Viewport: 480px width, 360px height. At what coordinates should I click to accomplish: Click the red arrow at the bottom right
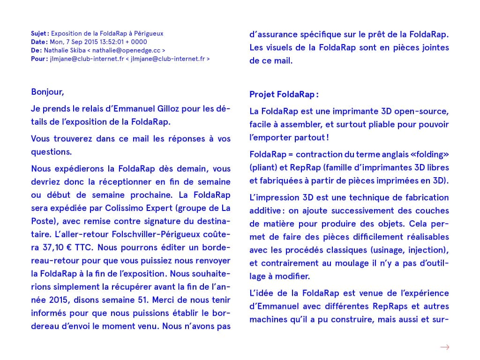(445, 347)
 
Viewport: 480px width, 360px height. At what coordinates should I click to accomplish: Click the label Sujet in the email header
(39, 34)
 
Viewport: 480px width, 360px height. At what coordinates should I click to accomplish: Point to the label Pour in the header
(38, 59)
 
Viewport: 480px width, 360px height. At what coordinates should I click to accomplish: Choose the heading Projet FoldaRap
(283, 95)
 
